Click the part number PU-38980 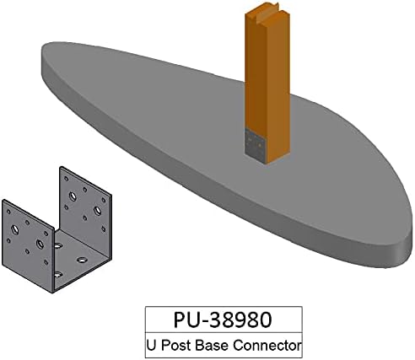tap(223, 320)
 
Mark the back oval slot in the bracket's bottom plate tap(57, 245)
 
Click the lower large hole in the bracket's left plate tap(40, 244)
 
